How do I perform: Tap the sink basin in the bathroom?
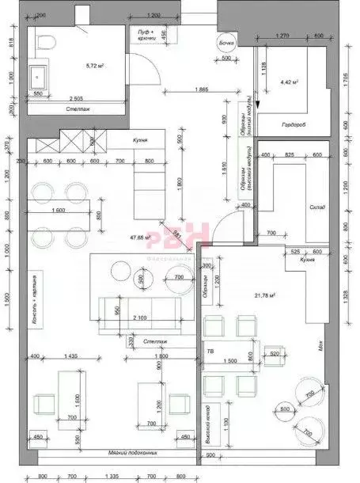click(38, 77)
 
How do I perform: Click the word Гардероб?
click(294, 124)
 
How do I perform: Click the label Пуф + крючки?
click(144, 34)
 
